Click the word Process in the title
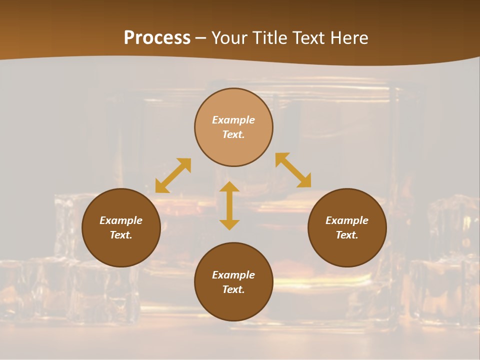[x=157, y=38]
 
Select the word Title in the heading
[x=270, y=38]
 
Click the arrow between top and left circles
[x=173, y=175]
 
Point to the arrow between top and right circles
[x=293, y=170]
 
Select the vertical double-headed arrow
[x=229, y=205]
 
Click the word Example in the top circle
[x=233, y=120]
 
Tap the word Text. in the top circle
[x=233, y=134]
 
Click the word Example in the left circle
[x=121, y=220]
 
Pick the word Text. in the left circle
[x=121, y=235]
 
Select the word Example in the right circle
[x=347, y=220]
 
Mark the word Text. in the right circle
[x=347, y=235]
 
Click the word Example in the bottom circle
[x=233, y=275]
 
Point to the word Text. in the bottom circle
[x=233, y=289]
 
